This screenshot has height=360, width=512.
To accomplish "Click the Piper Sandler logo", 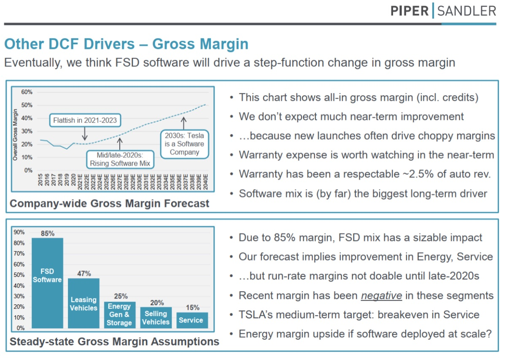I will [x=443, y=11].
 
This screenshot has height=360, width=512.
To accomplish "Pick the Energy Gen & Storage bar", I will [x=119, y=314].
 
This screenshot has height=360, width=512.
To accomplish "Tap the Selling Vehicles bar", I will [x=156, y=317].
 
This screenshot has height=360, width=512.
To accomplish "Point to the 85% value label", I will [x=47, y=233].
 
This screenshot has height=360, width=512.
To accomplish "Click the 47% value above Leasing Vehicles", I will [x=84, y=273].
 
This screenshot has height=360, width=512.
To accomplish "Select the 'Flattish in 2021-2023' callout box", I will [x=85, y=120].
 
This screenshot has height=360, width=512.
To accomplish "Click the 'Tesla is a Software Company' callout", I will [x=184, y=144].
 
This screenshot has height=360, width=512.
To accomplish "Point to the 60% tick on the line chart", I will [x=27, y=92].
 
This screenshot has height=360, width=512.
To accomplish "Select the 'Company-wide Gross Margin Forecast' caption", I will [x=109, y=204].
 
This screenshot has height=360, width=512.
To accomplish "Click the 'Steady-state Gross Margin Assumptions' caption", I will [x=114, y=341].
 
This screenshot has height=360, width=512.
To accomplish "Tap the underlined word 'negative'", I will [x=381, y=295].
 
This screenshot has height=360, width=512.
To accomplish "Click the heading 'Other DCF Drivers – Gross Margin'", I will [x=126, y=44].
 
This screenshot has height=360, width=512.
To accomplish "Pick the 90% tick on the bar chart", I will [x=19, y=232].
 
